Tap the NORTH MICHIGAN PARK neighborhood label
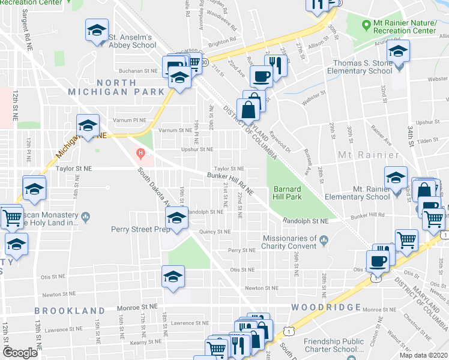tap(116, 87)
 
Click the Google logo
tap(20, 353)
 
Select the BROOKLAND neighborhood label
tap(65, 310)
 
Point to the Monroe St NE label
tap(137, 305)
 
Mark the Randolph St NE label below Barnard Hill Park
tap(306, 221)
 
